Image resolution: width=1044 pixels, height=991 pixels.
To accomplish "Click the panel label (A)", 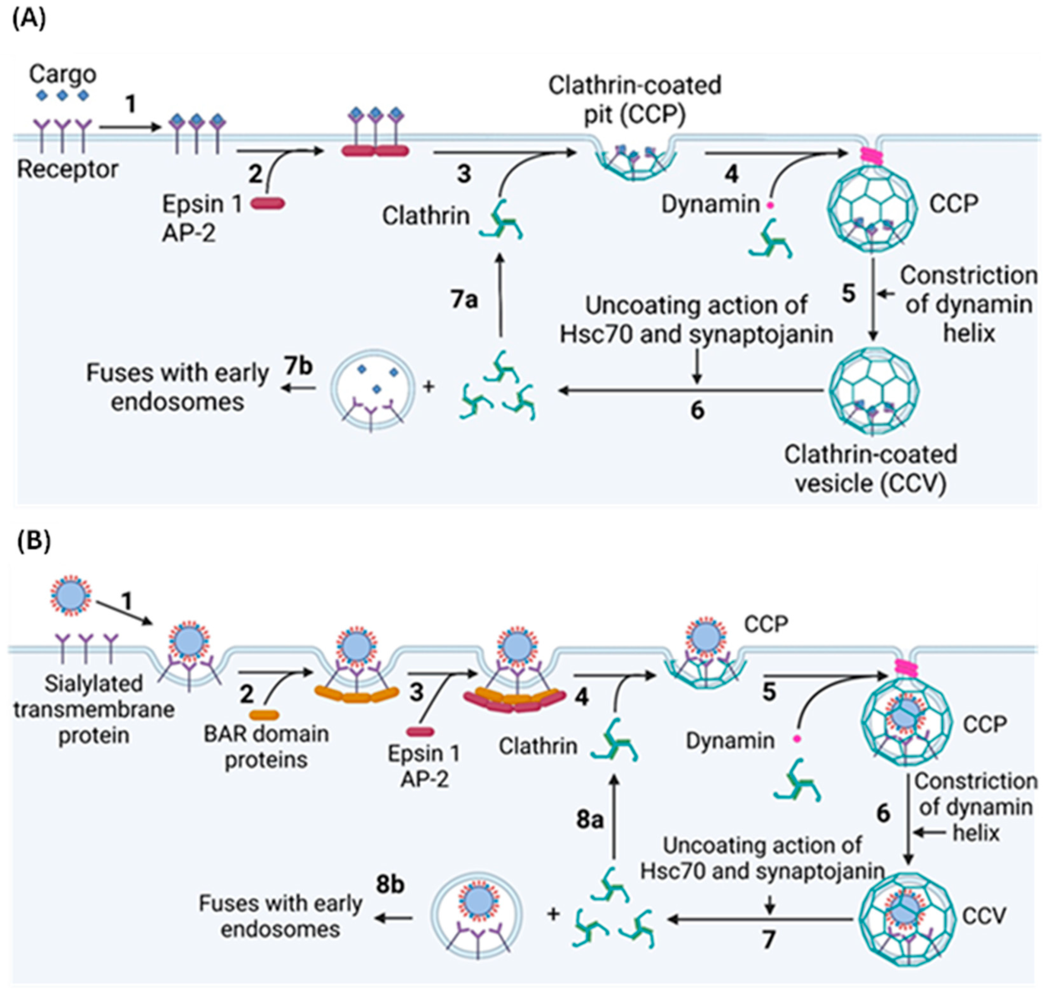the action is pyautogui.click(x=29, y=19).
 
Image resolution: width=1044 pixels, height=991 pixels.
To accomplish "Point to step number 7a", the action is pyautogui.click(x=464, y=300).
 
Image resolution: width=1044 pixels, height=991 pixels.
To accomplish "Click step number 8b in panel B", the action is pyautogui.click(x=390, y=884).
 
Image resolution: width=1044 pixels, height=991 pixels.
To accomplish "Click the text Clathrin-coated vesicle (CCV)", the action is pyautogui.click(x=870, y=468).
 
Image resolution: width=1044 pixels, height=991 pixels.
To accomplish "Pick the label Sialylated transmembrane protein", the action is pyautogui.click(x=94, y=709).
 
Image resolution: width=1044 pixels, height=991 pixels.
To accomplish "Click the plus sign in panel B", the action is pyautogui.click(x=553, y=914).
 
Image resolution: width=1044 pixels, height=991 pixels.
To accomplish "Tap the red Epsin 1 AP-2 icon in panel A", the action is pyautogui.click(x=267, y=203).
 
